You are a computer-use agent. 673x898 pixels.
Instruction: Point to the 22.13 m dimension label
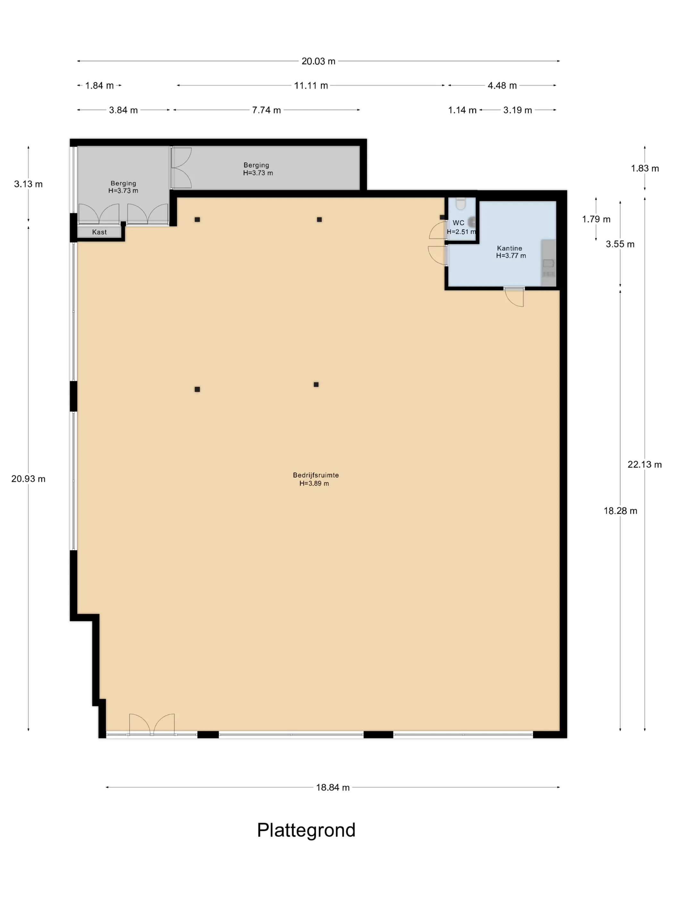click(x=644, y=464)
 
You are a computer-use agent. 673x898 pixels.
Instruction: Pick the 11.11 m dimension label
click(x=311, y=86)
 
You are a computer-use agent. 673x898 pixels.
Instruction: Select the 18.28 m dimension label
click(x=620, y=511)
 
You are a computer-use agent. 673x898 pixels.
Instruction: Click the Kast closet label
click(x=99, y=232)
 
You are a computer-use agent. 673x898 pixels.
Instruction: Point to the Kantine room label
click(x=510, y=248)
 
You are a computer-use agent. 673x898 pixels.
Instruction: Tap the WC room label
click(x=458, y=223)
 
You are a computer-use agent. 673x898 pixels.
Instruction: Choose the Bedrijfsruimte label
click(x=316, y=475)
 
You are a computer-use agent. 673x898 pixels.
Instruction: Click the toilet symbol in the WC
click(x=461, y=203)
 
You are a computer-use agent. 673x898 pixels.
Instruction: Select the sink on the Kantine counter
click(x=548, y=264)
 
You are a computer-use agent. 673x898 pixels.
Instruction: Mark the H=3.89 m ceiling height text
click(x=314, y=484)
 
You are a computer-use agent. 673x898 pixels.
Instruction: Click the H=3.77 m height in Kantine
click(x=511, y=256)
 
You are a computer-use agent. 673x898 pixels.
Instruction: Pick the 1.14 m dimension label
click(x=462, y=110)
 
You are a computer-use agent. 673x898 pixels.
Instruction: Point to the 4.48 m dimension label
click(x=502, y=86)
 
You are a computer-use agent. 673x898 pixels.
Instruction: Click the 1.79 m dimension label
click(x=596, y=219)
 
